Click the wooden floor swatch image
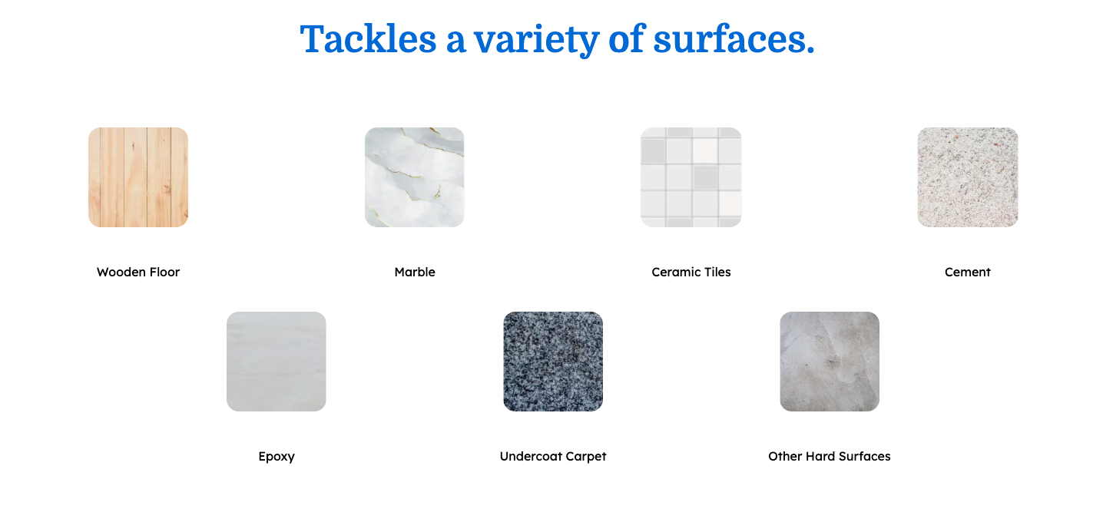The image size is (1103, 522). click(138, 177)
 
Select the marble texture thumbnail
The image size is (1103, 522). click(415, 177)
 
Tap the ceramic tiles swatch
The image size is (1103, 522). click(691, 177)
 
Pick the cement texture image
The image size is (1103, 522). click(968, 177)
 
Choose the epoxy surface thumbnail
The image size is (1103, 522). click(277, 361)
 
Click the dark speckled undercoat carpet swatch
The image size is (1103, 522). click(553, 361)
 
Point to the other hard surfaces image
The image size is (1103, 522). click(830, 361)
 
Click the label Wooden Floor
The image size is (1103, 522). click(138, 272)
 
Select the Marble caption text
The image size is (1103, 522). click(415, 272)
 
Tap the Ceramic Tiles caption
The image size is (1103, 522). click(691, 272)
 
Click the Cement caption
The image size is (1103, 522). click(968, 272)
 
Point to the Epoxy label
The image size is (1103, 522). click(277, 457)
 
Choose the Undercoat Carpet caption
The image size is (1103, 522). click(553, 457)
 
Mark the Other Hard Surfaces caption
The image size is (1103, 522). click(830, 457)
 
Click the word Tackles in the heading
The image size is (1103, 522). click(369, 39)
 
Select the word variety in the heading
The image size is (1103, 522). click(537, 41)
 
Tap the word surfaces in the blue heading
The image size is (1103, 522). click(734, 39)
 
